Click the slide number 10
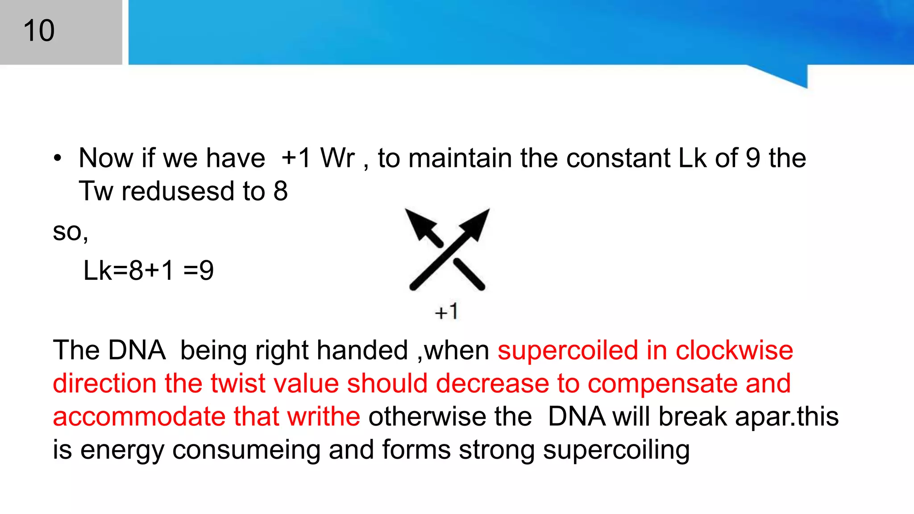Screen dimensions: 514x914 pos(39,31)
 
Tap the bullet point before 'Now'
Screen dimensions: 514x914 pos(57,158)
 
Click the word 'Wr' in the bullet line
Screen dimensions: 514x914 pos(337,158)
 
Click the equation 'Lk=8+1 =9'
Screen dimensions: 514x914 pos(149,270)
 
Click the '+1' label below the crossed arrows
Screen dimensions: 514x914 pos(446,311)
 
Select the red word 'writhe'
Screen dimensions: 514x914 pos(323,417)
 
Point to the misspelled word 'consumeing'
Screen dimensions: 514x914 pos(246,450)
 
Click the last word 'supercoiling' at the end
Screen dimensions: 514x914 pos(616,450)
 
